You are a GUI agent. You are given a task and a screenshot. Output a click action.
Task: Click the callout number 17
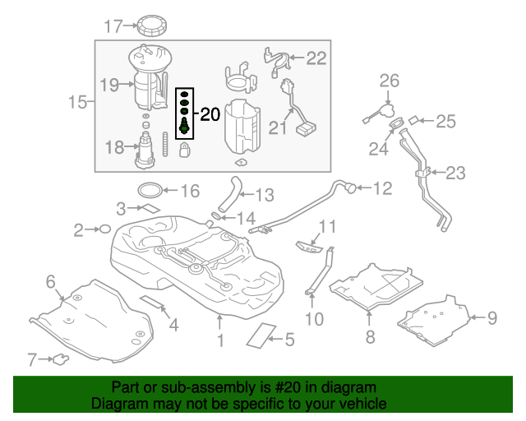(x=113, y=26)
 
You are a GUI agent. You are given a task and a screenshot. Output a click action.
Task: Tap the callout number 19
(x=109, y=83)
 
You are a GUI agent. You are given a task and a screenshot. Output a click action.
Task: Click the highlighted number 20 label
(x=210, y=114)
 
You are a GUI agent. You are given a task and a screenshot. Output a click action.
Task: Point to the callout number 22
(x=316, y=58)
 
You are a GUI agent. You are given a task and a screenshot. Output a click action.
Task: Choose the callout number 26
(x=389, y=81)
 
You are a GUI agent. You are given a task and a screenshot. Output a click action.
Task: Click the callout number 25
(x=445, y=122)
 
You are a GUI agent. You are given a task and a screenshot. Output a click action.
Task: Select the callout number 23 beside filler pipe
(x=455, y=173)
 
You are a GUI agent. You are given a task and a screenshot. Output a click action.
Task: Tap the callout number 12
(x=383, y=188)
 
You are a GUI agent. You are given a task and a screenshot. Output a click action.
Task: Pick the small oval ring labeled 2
(x=104, y=229)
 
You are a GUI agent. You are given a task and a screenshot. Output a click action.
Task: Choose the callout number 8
(x=370, y=336)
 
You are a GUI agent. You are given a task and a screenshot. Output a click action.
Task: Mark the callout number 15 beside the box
(x=77, y=103)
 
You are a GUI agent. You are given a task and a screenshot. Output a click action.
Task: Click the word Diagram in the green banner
(x=118, y=405)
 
